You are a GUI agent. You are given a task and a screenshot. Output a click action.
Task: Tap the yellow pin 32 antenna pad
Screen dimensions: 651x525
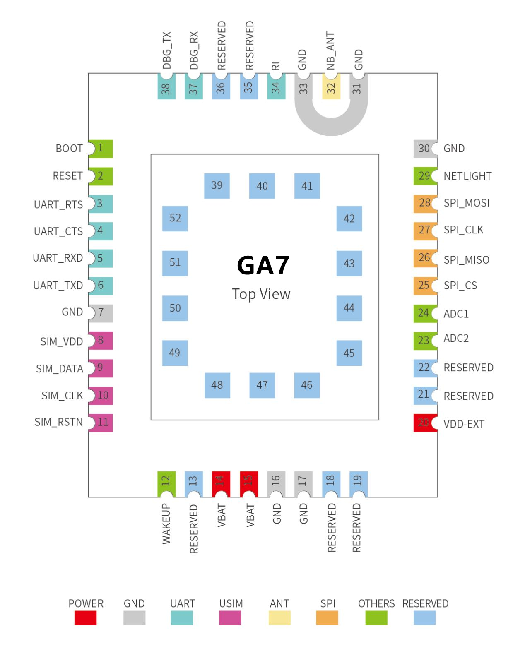pos(331,88)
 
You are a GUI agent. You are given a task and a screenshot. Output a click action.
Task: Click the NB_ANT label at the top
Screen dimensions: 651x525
pos(330,51)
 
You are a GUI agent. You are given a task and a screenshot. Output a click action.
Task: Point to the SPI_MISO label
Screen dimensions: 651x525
pos(466,260)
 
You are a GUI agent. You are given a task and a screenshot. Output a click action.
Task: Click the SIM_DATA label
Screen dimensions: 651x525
pos(60,369)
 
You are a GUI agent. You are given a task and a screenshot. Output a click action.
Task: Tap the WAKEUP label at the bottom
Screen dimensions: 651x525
pos(166,524)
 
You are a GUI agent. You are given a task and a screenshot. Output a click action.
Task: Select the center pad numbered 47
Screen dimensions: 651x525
pos(262,385)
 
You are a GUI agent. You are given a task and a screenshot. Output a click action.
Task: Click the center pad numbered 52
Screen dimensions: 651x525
pos(175,219)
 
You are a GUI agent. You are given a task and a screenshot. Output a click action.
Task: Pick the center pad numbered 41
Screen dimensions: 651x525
pos(307,186)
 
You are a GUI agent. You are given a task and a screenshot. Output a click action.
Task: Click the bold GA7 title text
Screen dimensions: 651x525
pos(262,266)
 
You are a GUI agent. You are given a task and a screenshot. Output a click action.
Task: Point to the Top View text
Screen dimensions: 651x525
pos(261,294)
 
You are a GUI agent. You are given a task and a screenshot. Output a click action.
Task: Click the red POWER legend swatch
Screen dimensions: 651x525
pos(86,617)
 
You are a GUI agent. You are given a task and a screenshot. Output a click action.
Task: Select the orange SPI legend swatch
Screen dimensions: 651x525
pos(327,617)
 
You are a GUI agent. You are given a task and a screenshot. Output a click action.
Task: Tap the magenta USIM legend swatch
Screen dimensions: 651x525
pos(230,617)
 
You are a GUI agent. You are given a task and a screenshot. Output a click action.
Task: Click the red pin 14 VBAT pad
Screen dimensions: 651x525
pos(221,483)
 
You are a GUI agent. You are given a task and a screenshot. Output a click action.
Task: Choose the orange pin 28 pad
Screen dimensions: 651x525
pos(425,203)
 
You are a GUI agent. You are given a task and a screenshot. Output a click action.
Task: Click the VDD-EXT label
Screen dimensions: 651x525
pos(464,424)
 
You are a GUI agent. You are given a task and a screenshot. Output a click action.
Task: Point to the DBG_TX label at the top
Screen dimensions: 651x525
pos(166,50)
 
